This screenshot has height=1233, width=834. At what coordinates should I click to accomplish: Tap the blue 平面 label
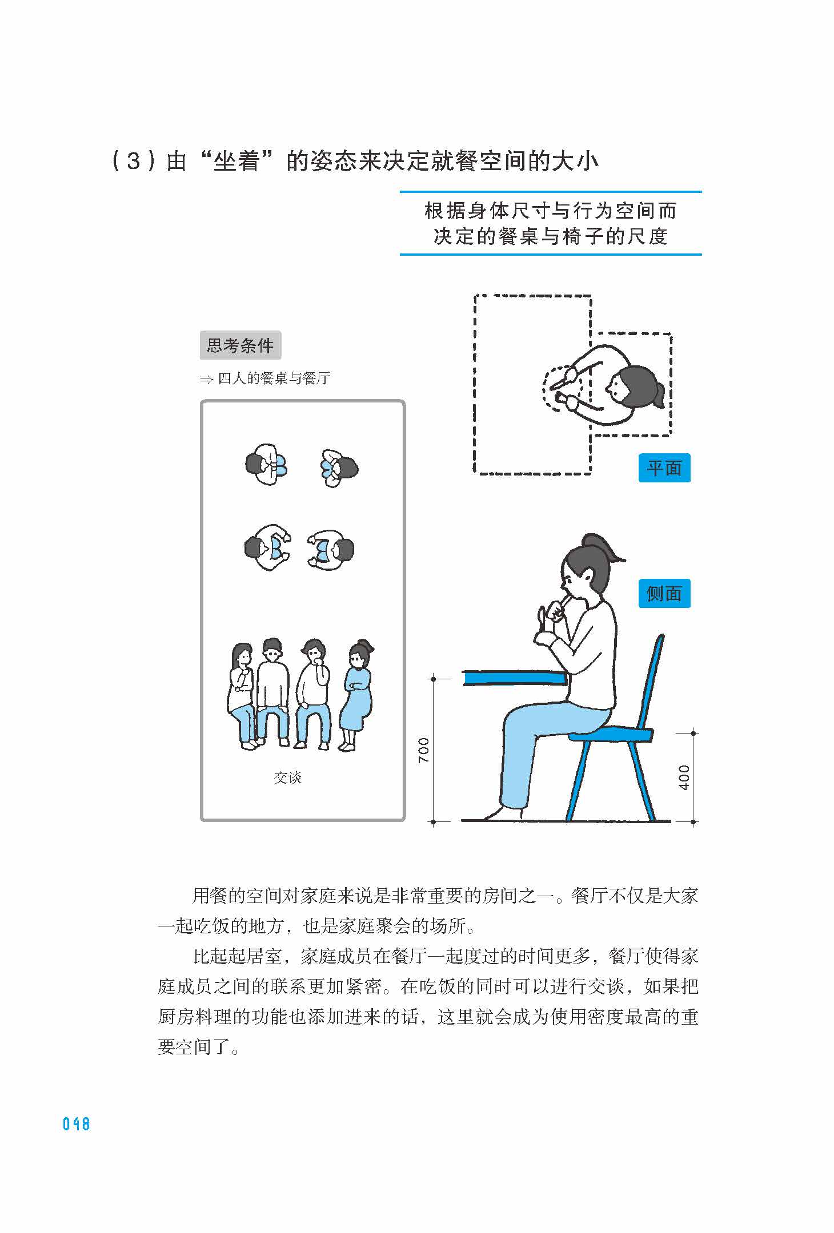[664, 468]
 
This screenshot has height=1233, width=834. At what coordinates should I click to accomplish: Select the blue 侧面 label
[664, 594]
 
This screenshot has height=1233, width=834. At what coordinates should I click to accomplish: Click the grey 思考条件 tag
[240, 345]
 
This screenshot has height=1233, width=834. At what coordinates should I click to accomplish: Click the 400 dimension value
[684, 777]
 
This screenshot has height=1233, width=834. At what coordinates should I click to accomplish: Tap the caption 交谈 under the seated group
[287, 777]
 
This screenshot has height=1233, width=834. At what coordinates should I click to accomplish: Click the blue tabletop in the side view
[514, 678]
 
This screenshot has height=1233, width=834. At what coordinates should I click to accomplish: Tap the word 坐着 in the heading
[236, 162]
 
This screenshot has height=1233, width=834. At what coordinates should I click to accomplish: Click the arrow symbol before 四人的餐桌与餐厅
[206, 379]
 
